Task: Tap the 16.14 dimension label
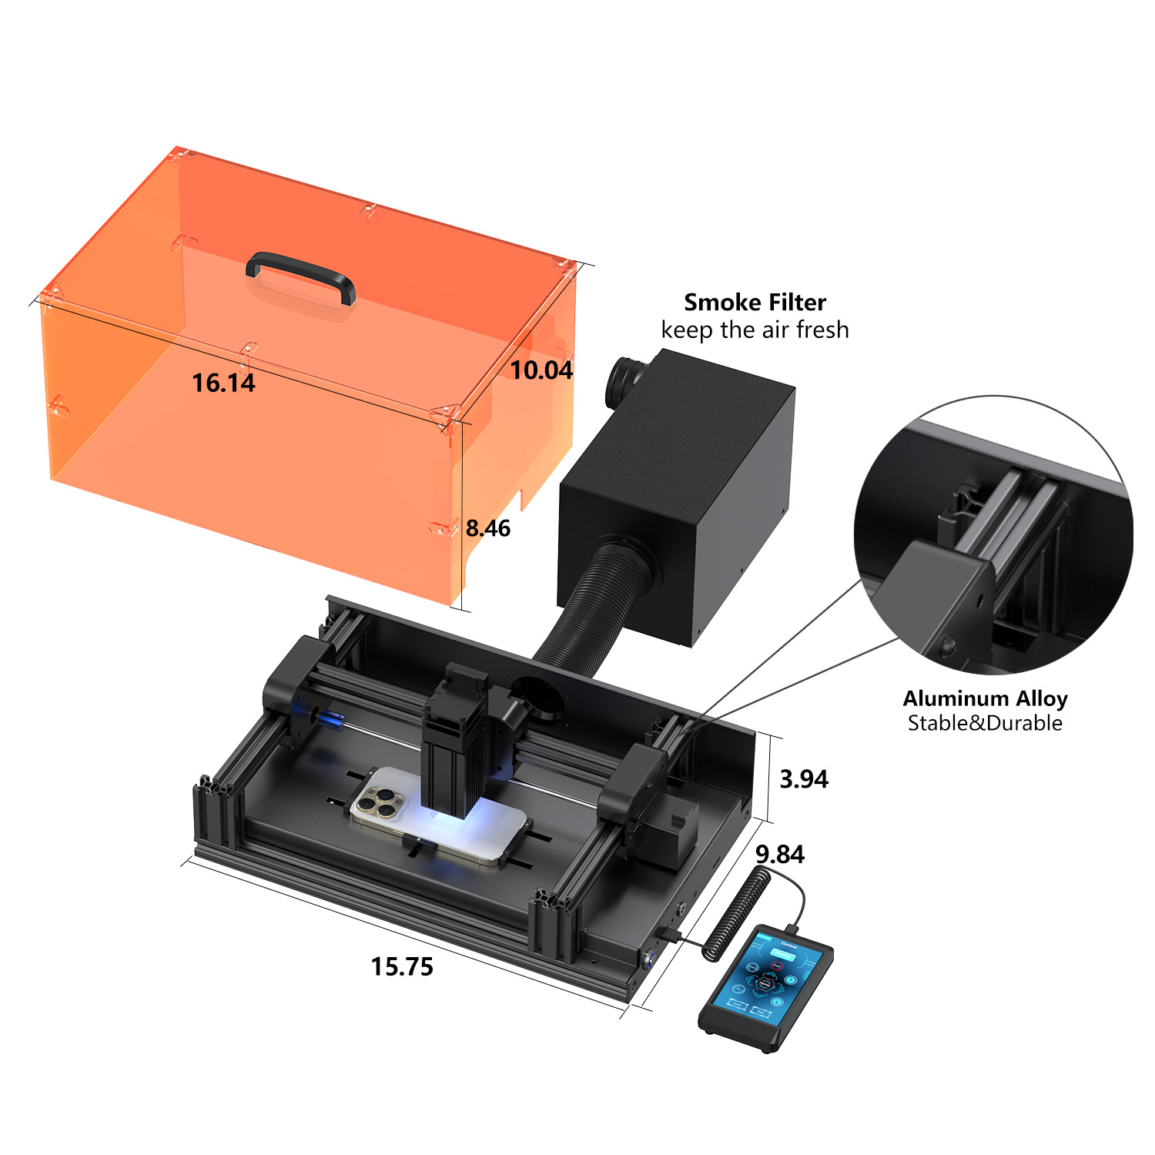[x=223, y=383]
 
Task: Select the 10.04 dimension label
[x=541, y=370]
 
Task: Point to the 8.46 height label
[x=488, y=528]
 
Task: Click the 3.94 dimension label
[x=804, y=779]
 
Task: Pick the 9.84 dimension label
[x=780, y=855]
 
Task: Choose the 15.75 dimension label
[x=402, y=966]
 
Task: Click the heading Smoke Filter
[x=755, y=302]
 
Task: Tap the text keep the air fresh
[x=755, y=330]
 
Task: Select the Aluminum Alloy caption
[x=985, y=698]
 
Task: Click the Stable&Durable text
[x=985, y=723]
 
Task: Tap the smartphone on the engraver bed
[x=439, y=817]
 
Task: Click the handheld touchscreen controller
[x=765, y=987]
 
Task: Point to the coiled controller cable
[x=738, y=912]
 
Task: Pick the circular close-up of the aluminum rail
[x=993, y=536]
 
